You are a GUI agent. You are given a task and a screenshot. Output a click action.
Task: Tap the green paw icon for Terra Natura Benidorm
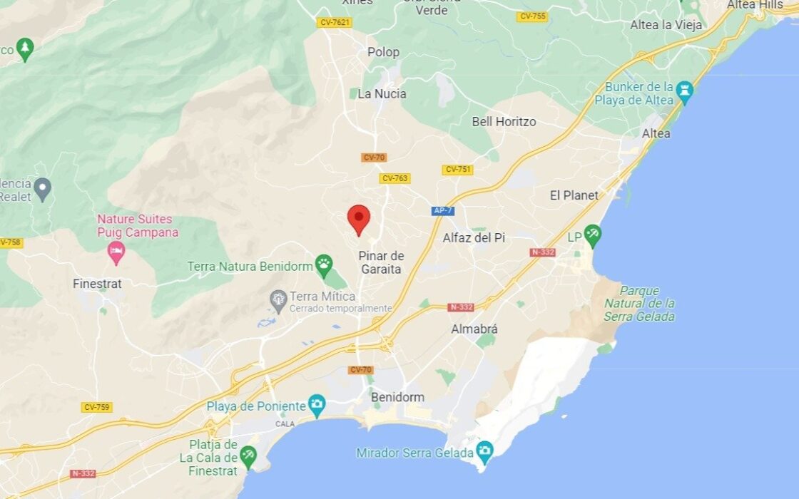(x=324, y=265)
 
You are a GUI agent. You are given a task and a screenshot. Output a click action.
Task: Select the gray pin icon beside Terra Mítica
(x=278, y=300)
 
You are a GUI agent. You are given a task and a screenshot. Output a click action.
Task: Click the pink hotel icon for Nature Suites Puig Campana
(x=116, y=250)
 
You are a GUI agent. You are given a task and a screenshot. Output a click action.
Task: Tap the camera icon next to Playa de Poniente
(x=316, y=406)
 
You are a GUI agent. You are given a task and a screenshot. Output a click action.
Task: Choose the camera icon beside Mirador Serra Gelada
(x=484, y=451)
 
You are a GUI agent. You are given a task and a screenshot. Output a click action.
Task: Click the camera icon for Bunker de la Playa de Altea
(x=685, y=91)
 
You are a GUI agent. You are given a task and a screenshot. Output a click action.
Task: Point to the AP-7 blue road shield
(x=443, y=211)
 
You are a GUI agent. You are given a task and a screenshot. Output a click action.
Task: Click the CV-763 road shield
(x=395, y=178)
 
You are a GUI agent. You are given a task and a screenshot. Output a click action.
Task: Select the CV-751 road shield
(x=457, y=170)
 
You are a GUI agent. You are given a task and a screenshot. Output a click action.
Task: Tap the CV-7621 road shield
(x=335, y=23)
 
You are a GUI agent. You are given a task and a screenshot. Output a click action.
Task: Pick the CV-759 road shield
(x=96, y=408)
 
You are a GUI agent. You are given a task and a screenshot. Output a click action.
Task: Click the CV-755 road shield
(x=533, y=16)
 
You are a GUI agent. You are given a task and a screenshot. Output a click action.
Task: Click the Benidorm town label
(x=397, y=397)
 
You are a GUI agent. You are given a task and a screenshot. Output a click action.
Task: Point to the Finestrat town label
(x=97, y=284)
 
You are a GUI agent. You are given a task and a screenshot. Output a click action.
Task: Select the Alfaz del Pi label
(x=474, y=237)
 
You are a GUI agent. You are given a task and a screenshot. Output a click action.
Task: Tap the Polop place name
(x=383, y=52)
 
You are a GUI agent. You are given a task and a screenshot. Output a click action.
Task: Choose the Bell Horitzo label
(x=504, y=122)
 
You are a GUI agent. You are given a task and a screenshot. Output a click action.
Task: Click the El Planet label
(x=574, y=195)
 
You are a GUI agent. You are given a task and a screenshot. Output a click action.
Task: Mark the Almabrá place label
(x=474, y=329)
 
